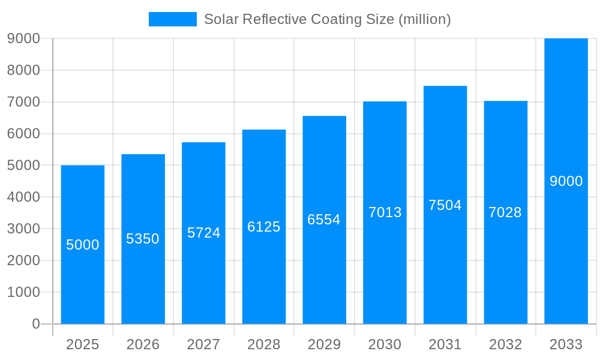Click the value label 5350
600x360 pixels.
click(143, 239)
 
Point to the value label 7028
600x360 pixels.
click(505, 212)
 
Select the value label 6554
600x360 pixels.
click(324, 220)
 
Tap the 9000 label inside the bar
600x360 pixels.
click(566, 181)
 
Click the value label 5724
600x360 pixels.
click(203, 233)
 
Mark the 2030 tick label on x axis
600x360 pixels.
click(385, 344)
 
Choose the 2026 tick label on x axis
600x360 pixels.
click(143, 344)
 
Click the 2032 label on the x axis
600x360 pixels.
click(505, 344)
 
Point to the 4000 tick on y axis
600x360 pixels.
click(23, 197)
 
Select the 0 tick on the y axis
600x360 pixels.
click(35, 324)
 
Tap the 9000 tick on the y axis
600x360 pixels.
click(23, 38)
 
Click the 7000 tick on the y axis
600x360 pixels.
click(23, 102)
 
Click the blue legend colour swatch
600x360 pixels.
click(173, 19)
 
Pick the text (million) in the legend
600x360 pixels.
click(424, 19)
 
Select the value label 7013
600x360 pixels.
click(385, 212)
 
